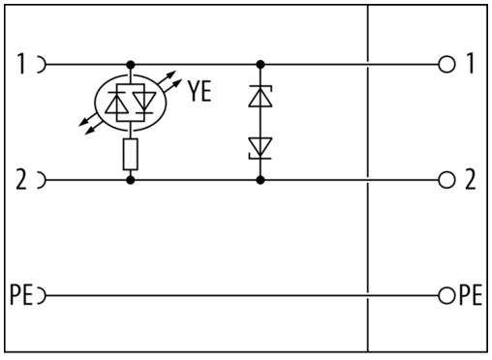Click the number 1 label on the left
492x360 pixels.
[21, 64]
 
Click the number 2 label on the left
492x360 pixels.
[21, 180]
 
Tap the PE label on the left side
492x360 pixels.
[21, 295]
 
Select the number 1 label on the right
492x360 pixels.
[471, 63]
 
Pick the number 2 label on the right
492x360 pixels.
[471, 179]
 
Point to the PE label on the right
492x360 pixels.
[471, 294]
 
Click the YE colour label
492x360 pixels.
[200, 91]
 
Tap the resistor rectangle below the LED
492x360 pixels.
[131, 154]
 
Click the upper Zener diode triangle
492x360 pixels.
[261, 96]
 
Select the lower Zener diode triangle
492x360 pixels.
[261, 148]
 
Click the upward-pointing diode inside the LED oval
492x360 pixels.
[117, 103]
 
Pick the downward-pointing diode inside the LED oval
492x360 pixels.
[144, 103]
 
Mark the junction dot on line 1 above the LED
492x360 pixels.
[131, 65]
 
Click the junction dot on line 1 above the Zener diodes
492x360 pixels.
[261, 65]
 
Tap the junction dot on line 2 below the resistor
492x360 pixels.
[131, 180]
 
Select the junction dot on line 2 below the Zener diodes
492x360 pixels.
[261, 180]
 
